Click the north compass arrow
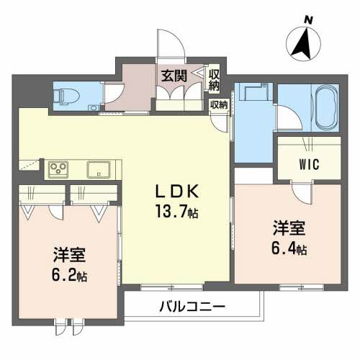(x=302, y=45)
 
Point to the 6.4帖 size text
(x=289, y=250)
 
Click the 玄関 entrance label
(x=173, y=75)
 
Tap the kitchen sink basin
(x=98, y=170)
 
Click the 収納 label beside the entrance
(x=214, y=78)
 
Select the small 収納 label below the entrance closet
(x=218, y=104)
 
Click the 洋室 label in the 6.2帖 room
(x=68, y=255)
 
